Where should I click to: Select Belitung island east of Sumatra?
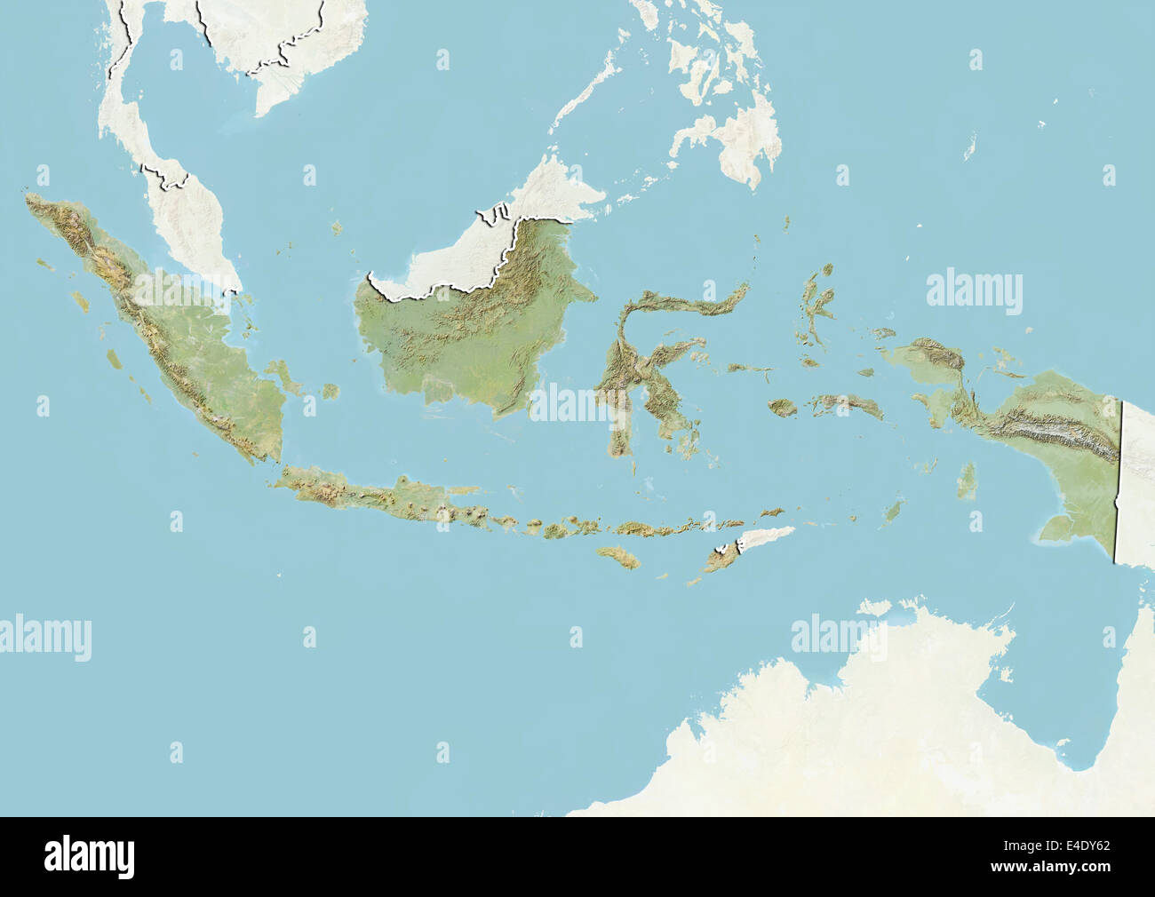pyautogui.click(x=331, y=391)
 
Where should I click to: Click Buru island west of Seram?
pyautogui.click(x=783, y=408)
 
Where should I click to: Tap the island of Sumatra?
pyautogui.click(x=178, y=337)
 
